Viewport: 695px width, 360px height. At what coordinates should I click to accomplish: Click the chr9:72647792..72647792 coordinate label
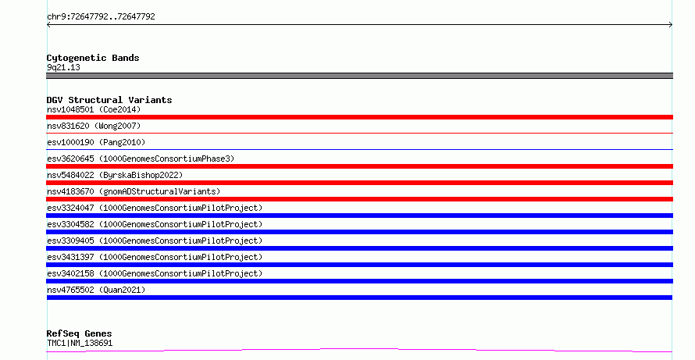pos(101,17)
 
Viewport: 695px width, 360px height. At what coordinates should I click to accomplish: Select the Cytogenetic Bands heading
pos(93,58)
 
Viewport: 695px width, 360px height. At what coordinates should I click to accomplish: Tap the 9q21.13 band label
pos(63,67)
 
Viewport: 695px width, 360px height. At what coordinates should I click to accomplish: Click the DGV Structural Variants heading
pos(109,100)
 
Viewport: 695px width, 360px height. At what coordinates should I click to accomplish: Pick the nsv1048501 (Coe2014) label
pos(94,109)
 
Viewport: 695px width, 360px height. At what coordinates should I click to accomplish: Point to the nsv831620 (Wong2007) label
pos(94,126)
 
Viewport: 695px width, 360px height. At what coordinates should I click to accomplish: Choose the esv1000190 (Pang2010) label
pos(96,142)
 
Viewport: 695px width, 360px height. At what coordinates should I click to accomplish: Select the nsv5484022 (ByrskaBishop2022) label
pos(115,175)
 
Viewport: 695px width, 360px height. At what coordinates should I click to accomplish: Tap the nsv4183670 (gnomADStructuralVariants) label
pos(134,191)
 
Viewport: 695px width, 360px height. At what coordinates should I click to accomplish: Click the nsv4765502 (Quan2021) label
pos(96,290)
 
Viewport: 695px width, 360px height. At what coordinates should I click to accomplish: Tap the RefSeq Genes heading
pos(80,333)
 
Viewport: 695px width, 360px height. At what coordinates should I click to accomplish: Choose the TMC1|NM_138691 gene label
pos(80,343)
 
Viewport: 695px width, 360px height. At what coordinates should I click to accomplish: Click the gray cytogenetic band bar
pos(359,76)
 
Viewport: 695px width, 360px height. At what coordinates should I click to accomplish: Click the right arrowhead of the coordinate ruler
pos(671,25)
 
